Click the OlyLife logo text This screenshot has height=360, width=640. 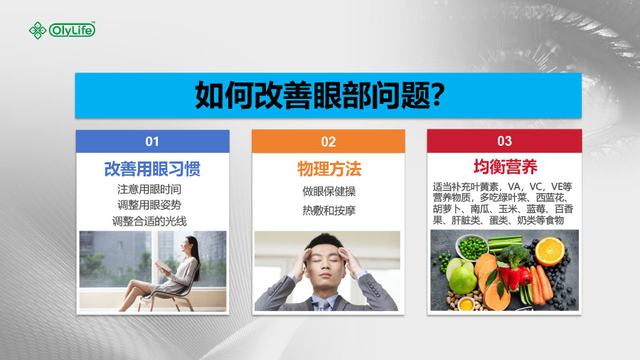(72, 30)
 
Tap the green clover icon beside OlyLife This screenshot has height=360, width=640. (38, 30)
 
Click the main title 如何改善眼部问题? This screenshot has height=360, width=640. (319, 95)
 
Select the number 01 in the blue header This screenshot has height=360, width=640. (152, 142)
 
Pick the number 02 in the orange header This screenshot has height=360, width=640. (328, 142)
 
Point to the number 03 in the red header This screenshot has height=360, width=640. (504, 141)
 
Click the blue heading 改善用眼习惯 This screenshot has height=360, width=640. (152, 169)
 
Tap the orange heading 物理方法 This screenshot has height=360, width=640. (329, 169)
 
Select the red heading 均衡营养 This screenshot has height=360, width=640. (506, 166)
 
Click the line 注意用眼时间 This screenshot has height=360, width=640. (149, 189)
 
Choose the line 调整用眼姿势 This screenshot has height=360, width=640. (149, 205)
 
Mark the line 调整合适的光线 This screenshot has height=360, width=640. (149, 221)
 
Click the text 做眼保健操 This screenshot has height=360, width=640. (329, 191)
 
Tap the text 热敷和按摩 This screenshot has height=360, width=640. (329, 211)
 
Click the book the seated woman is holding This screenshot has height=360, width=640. (163, 265)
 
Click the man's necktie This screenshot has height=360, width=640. (324, 305)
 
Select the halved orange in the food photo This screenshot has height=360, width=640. (550, 251)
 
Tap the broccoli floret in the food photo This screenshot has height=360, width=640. (514, 255)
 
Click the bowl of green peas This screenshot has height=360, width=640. (472, 247)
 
